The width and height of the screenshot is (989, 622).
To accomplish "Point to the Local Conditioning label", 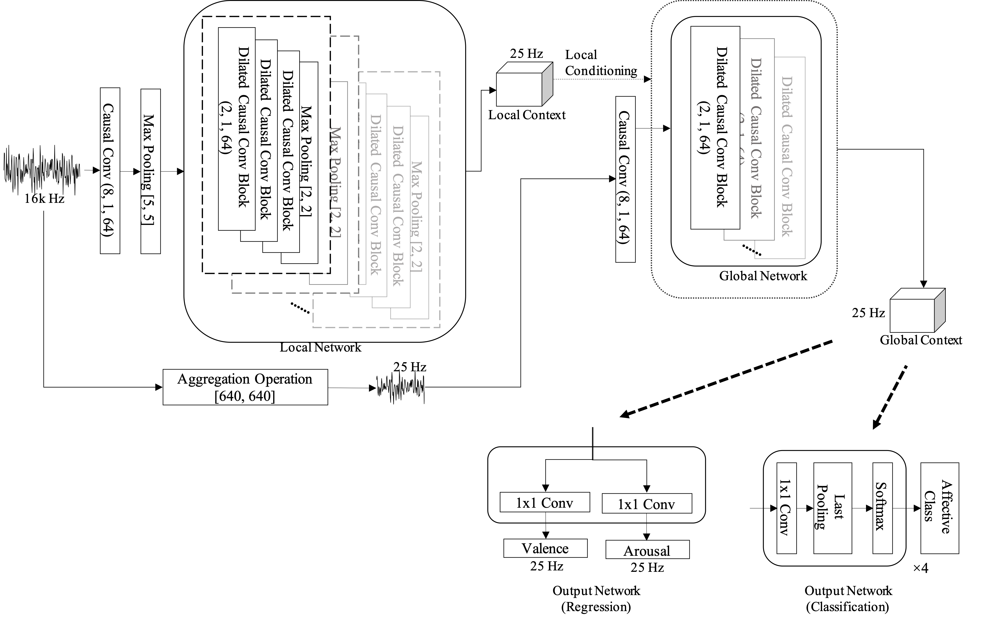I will [x=601, y=63].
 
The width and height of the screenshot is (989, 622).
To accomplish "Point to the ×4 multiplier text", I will [x=920, y=568].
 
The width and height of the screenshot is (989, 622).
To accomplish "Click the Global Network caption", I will [x=763, y=276].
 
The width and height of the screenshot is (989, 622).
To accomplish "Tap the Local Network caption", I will [x=320, y=348].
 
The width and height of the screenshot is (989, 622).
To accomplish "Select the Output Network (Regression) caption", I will [x=596, y=599].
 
